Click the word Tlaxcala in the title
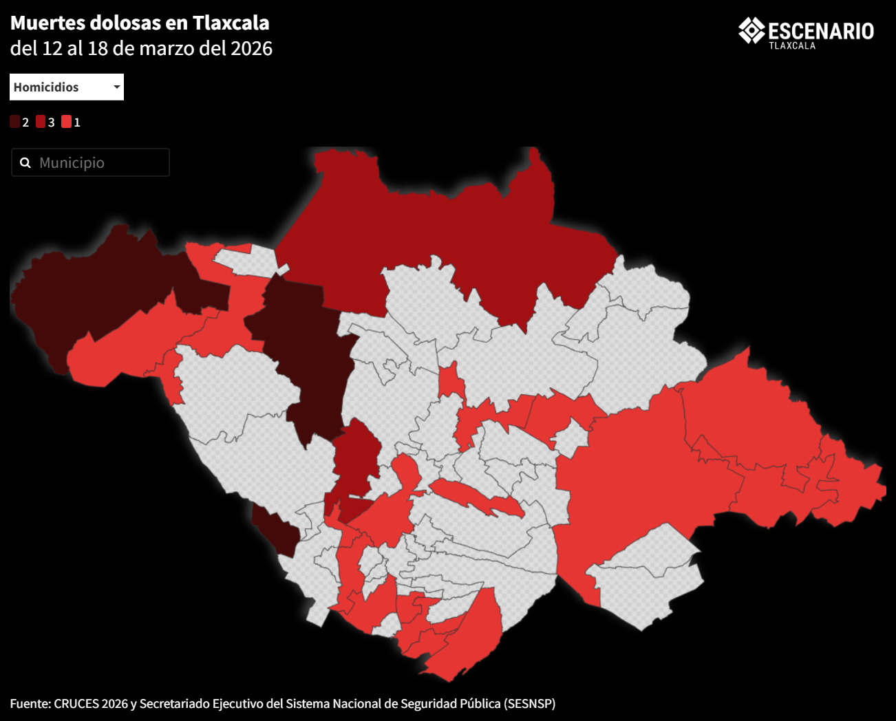pyautogui.click(x=231, y=23)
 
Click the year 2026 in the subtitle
pyautogui.click(x=251, y=48)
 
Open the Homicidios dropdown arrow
pyautogui.click(x=117, y=87)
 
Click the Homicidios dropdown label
pyautogui.click(x=46, y=87)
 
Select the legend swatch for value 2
pyautogui.click(x=15, y=122)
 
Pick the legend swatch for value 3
pyautogui.click(x=41, y=122)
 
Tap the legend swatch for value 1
pyautogui.click(x=66, y=122)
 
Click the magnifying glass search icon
pyautogui.click(x=25, y=163)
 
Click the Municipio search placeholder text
pyautogui.click(x=72, y=163)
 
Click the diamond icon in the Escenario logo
pyautogui.click(x=751, y=30)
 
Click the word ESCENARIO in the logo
pyautogui.click(x=821, y=31)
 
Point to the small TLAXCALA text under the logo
pyautogui.click(x=792, y=46)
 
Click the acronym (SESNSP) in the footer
pyautogui.click(x=529, y=703)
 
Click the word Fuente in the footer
pyautogui.click(x=29, y=703)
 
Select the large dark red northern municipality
pyautogui.click(x=447, y=227)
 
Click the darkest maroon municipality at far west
pyautogui.click(x=89, y=289)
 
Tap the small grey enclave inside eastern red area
pyautogui.click(x=570, y=437)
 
